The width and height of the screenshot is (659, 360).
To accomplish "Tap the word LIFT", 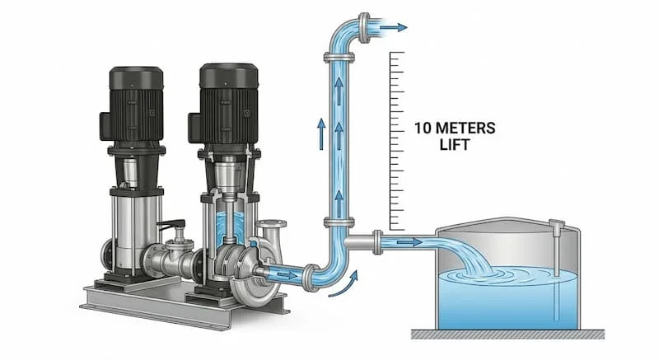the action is (455, 144).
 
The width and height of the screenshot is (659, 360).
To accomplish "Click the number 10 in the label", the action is (423, 128).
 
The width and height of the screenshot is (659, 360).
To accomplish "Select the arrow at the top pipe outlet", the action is (394, 28).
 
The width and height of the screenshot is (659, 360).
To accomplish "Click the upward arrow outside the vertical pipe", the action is (321, 133).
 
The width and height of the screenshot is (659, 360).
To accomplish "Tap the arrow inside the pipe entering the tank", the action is (409, 242).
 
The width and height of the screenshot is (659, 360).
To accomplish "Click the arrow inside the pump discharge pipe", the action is (287, 275).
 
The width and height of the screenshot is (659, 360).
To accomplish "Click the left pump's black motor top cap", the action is (136, 77).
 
